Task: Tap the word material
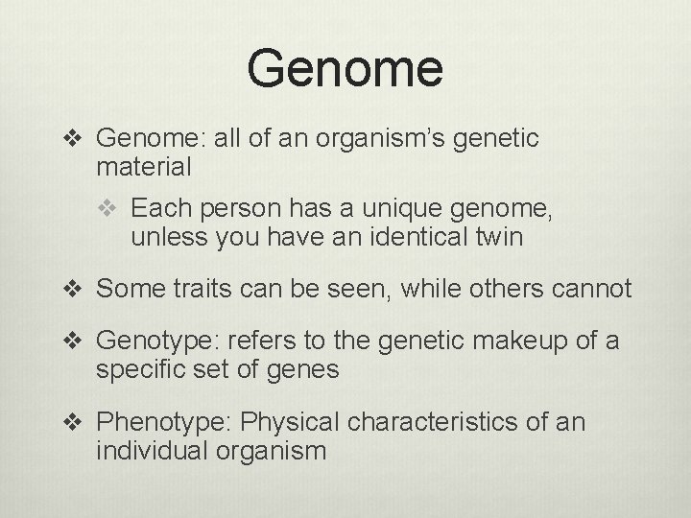144,167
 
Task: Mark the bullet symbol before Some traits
79,288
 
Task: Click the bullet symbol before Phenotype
79,421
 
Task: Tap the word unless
159,236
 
